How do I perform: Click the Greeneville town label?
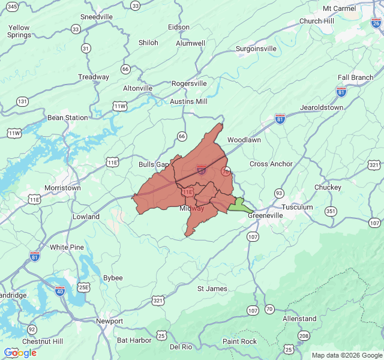click(x=269, y=215)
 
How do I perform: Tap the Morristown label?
click(x=62, y=188)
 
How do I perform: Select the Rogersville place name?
click(x=189, y=83)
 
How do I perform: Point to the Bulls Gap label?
click(x=154, y=164)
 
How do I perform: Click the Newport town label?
click(x=109, y=321)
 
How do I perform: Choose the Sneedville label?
click(x=97, y=17)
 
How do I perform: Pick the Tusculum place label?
click(x=298, y=207)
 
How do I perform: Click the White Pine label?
click(x=67, y=247)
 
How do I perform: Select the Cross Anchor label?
click(x=271, y=164)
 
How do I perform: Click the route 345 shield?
click(x=13, y=5)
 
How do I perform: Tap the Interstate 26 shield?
click(x=376, y=22)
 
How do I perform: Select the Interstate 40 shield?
click(x=60, y=291)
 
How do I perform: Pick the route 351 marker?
click(x=331, y=211)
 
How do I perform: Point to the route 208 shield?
click(x=304, y=335)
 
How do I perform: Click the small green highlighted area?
click(x=239, y=206)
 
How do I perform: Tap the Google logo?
click(x=20, y=353)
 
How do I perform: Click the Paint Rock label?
click(x=239, y=341)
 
